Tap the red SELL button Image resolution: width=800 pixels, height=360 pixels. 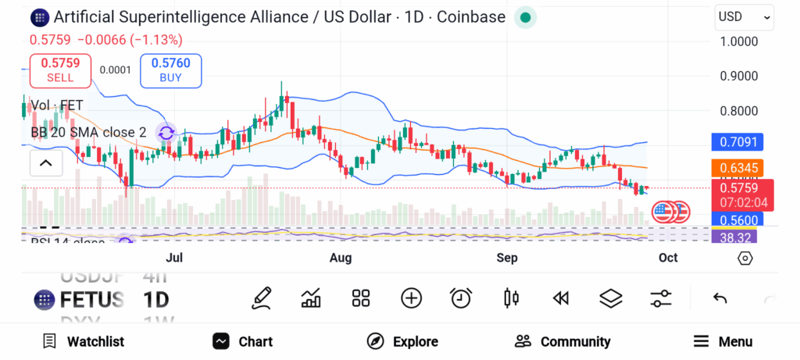click(x=60, y=70)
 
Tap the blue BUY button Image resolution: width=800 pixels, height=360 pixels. click(x=170, y=70)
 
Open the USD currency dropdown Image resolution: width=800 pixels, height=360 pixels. click(x=744, y=16)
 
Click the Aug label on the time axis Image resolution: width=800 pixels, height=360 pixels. click(x=341, y=258)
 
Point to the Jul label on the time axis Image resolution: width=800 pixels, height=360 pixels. click(x=174, y=258)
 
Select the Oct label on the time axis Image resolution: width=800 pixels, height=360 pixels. click(x=668, y=258)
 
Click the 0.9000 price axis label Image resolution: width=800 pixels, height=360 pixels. click(x=738, y=77)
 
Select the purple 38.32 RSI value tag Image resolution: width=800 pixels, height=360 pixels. click(x=734, y=237)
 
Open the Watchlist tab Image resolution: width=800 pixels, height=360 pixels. click(x=84, y=341)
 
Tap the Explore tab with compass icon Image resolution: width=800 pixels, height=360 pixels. click(x=402, y=341)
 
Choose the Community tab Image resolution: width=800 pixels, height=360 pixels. click(x=562, y=341)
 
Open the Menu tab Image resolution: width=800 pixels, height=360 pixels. click(x=723, y=341)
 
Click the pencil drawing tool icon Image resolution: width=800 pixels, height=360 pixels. click(x=262, y=298)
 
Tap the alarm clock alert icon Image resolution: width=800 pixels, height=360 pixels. click(x=461, y=298)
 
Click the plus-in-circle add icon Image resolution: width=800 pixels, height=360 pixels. click(x=411, y=298)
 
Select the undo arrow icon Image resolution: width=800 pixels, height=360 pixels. click(x=720, y=298)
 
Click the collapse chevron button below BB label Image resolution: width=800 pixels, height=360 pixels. click(x=45, y=162)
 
